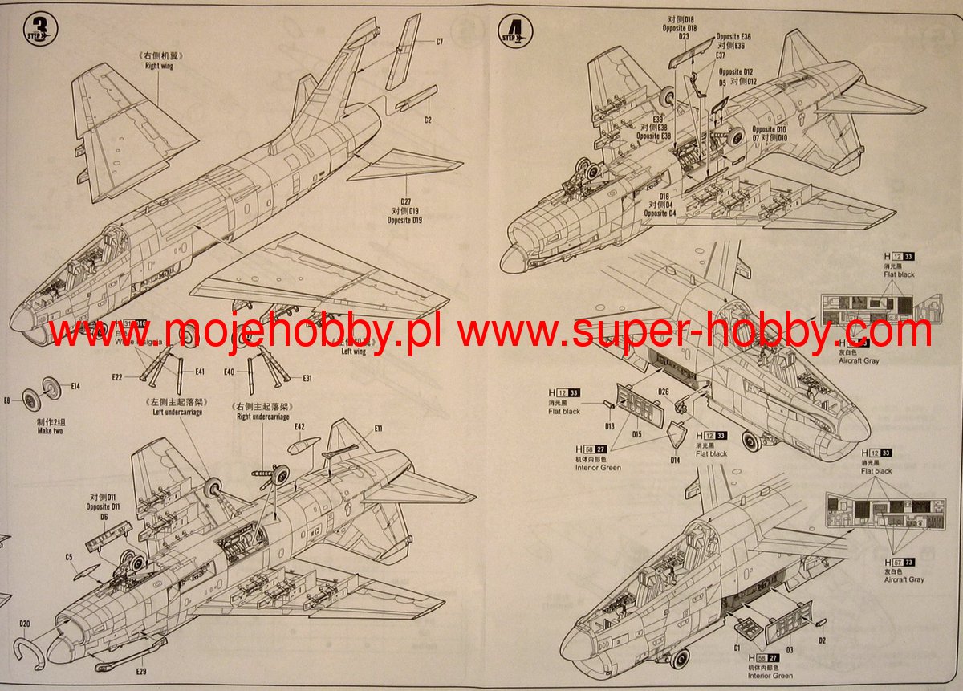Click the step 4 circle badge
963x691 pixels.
pos(514,31)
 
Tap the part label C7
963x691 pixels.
pos(439,42)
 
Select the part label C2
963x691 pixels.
pos(428,120)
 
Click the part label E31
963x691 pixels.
pos(307,378)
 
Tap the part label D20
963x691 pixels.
pos(24,624)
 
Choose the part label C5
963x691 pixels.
pos(69,557)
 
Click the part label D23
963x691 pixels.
pos(684,37)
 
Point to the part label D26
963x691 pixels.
pos(664,392)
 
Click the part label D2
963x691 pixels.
pos(823,640)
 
